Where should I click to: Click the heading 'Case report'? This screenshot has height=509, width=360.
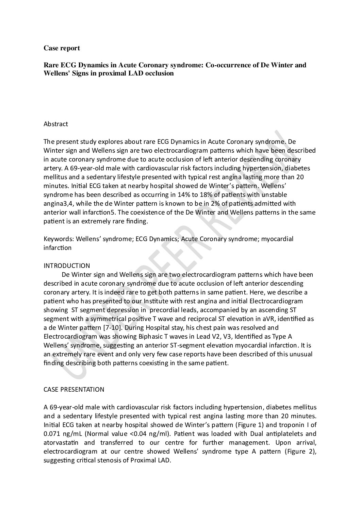click(62, 48)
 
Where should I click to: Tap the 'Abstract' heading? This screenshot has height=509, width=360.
click(56, 124)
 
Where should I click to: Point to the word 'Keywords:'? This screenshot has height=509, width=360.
click(59, 239)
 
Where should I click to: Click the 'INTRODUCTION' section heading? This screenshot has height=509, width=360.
click(67, 266)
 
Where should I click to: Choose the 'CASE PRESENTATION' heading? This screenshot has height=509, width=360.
click(74, 389)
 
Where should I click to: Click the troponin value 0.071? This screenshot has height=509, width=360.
click(52, 434)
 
